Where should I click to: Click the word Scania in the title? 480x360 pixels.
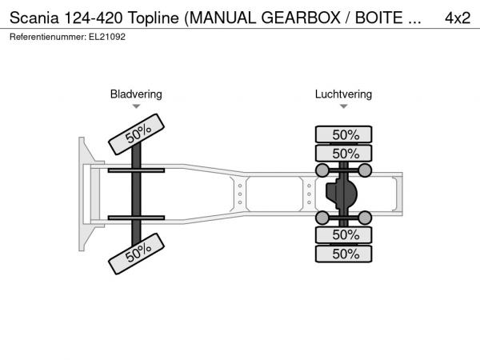coord(34,18)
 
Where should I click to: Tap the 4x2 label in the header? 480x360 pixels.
coord(458,18)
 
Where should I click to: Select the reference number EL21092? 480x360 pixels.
coord(107,37)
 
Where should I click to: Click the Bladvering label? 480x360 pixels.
coord(136,94)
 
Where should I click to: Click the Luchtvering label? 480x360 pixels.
coord(343,94)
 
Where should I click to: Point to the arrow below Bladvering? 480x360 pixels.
coord(136,106)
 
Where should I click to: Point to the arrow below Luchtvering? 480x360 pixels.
coord(343,106)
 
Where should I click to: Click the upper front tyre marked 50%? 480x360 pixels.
coord(137,134)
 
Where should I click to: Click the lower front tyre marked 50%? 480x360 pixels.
coord(137,254)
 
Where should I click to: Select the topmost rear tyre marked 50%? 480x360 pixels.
coord(343,134)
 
